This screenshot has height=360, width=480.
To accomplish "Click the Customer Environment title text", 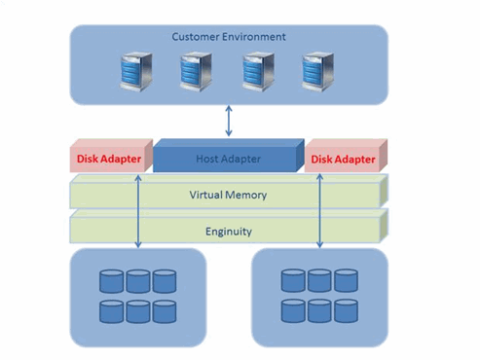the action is (229, 37).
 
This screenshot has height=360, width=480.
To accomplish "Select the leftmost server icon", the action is (136, 72).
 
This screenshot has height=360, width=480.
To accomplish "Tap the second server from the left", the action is (196, 72).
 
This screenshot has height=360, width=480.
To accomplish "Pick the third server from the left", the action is (258, 72).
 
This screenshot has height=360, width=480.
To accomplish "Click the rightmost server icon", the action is (317, 72).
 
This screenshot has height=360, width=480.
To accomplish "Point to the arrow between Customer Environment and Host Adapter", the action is (229, 121).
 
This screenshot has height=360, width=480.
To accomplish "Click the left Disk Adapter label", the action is (109, 159).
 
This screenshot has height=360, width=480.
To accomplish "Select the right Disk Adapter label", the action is (343, 160).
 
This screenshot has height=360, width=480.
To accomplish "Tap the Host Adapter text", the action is (228, 159).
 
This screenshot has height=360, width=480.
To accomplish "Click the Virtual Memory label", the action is (228, 195).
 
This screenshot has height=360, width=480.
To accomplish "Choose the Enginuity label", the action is (229, 232).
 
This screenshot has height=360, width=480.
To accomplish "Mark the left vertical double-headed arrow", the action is (138, 211).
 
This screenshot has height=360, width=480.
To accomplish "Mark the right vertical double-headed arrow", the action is (319, 211).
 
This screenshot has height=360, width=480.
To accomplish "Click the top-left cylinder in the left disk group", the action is (111, 281).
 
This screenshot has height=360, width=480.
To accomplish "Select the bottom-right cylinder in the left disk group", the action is (165, 311).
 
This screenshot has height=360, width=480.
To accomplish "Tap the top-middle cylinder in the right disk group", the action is (319, 280).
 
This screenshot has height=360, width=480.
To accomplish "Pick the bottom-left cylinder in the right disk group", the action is (293, 311).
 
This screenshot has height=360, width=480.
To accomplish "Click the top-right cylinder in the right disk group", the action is (347, 280).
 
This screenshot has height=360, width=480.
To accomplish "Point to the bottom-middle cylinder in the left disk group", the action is (138, 311).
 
